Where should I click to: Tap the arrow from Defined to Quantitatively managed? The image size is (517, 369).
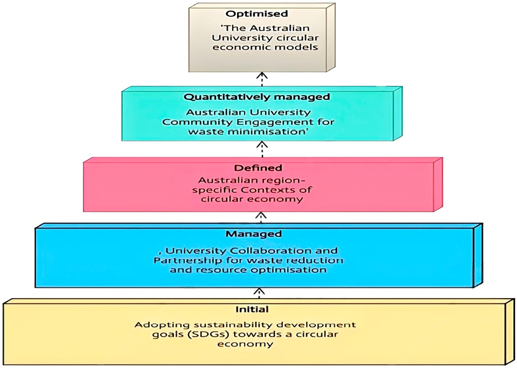261,148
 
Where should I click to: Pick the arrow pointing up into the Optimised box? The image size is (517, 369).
261,79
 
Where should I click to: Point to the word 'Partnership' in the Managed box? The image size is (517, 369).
184,260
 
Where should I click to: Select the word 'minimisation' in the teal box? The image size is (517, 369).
282,132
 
